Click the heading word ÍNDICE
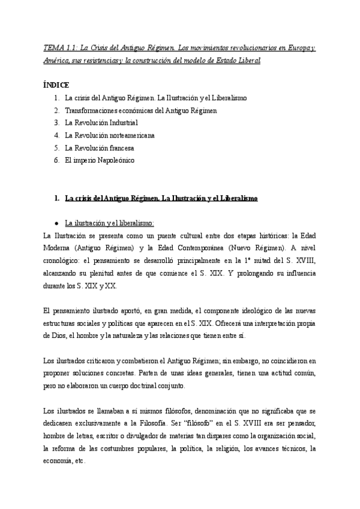click(x=57, y=85)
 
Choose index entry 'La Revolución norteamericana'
click(x=110, y=135)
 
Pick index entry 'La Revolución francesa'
click(x=100, y=148)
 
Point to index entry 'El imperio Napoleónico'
click(x=100, y=160)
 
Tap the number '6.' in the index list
click(x=56, y=160)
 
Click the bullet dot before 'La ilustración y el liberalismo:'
click(x=56, y=221)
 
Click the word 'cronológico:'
click(x=62, y=259)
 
